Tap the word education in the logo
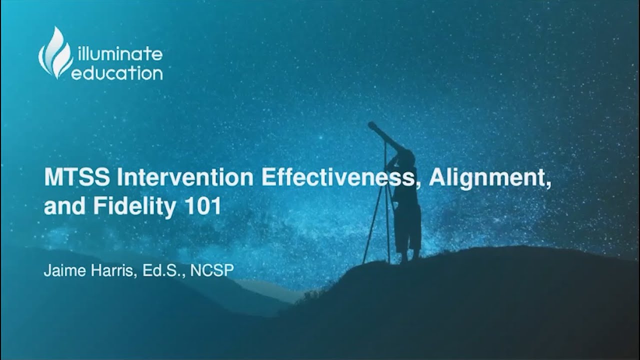[117, 73]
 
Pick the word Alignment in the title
[489, 178]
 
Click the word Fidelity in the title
[134, 207]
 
